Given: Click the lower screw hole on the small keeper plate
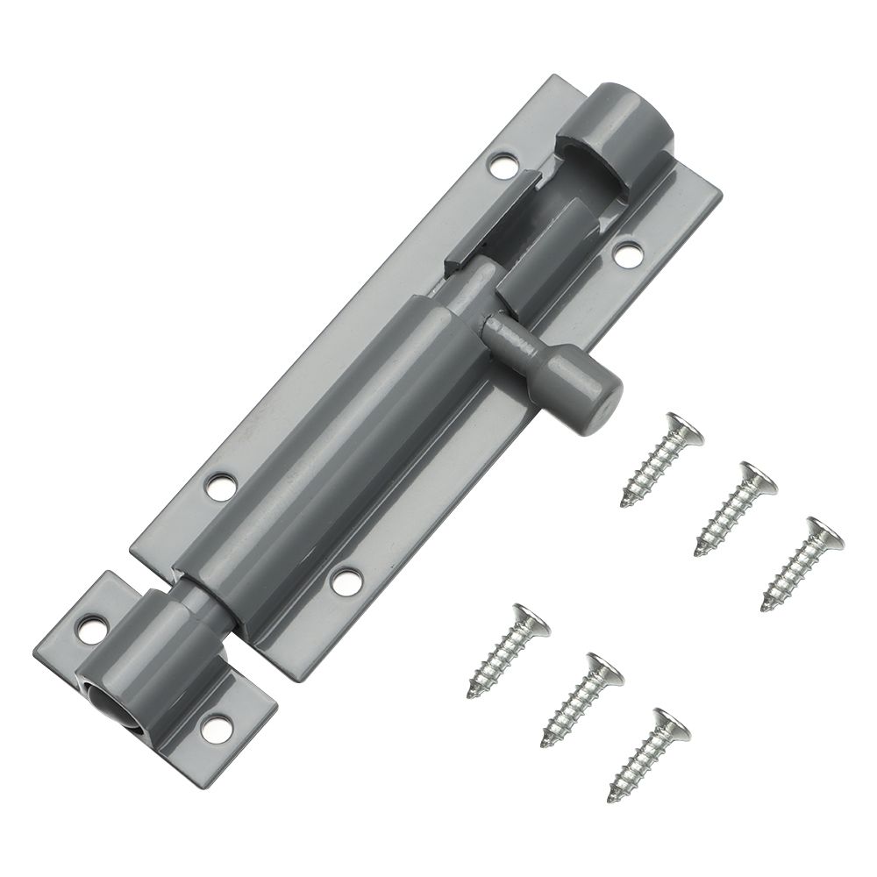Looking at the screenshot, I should [x=213, y=725].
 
